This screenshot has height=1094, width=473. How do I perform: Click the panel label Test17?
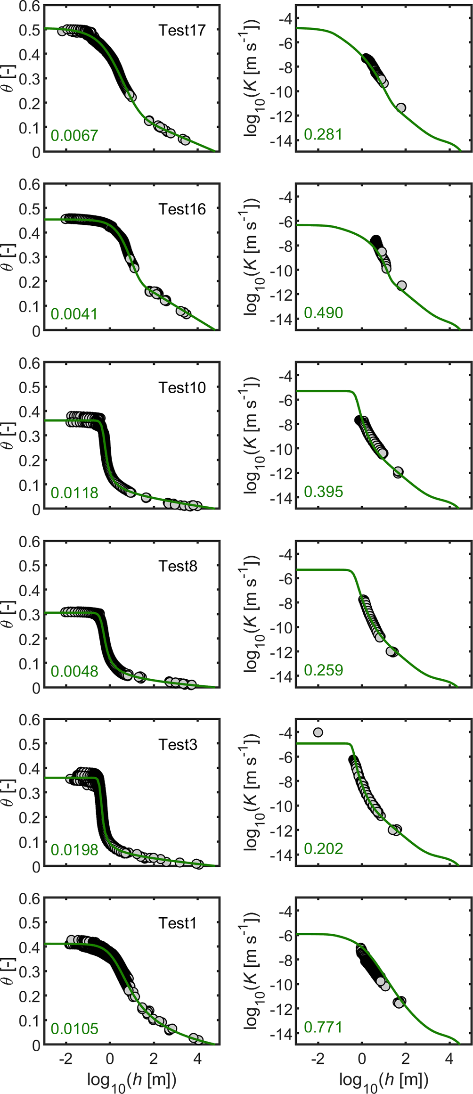click(x=182, y=30)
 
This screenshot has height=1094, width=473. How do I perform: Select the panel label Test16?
click(x=182, y=209)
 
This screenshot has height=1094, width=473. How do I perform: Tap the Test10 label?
click(x=182, y=387)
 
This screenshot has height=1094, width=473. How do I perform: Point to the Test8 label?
click(x=178, y=566)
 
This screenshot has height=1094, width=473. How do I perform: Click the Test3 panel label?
click(x=178, y=745)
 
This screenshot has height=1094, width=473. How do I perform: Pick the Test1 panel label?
click(x=177, y=923)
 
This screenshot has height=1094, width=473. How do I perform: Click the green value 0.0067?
click(x=74, y=135)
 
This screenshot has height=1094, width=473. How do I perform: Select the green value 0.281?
click(x=323, y=134)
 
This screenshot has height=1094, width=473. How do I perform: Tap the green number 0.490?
click(x=323, y=313)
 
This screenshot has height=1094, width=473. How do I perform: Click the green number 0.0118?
click(x=74, y=493)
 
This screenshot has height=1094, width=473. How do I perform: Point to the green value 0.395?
click(x=323, y=492)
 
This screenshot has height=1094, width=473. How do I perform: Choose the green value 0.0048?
click(x=74, y=671)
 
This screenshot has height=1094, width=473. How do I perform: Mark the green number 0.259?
click(x=323, y=670)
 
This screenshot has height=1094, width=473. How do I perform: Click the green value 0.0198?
click(x=74, y=850)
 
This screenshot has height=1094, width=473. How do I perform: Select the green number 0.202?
click(x=323, y=848)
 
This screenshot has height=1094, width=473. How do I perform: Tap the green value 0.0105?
click(x=74, y=1028)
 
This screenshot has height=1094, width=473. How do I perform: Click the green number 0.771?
click(x=323, y=1027)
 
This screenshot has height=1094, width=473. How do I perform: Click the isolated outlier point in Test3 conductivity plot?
click(x=318, y=732)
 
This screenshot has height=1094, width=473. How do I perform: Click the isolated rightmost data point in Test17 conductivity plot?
click(x=401, y=108)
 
